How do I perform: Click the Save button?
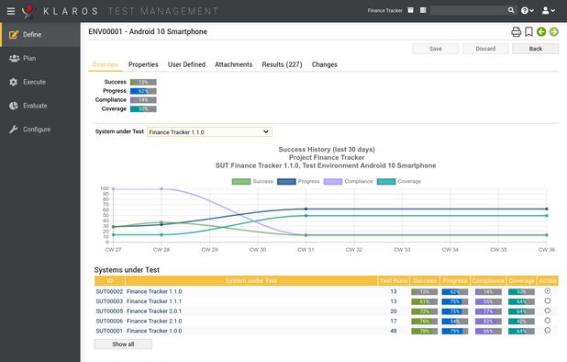[x=436, y=49]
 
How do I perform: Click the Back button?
[x=534, y=49]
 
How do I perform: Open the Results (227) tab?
[x=282, y=65]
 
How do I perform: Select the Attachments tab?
[x=233, y=65]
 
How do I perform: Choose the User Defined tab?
[x=186, y=65]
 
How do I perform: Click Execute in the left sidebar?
[x=34, y=82]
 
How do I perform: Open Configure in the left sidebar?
[x=37, y=130]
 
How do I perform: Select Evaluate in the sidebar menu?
[x=35, y=106]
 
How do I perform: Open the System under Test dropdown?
[x=209, y=131]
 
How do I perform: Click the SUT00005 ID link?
[x=108, y=311]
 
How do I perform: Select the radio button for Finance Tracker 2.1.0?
[x=548, y=321]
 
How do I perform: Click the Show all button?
[x=123, y=344]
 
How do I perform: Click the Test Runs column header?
[x=394, y=280]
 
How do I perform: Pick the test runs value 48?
[x=394, y=331]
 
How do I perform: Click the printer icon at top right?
[x=516, y=31]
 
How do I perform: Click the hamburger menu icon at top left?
[x=10, y=11]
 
